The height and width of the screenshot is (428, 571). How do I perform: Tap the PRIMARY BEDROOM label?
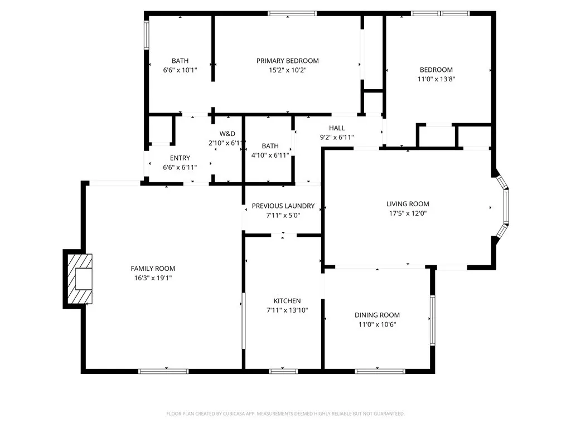(x=287, y=61)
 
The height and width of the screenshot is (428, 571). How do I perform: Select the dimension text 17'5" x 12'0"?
(x=408, y=213)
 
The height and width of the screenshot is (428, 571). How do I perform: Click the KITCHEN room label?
(x=287, y=301)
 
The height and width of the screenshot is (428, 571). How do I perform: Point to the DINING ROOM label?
(x=377, y=315)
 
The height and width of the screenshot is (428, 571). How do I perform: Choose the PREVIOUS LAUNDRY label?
(x=283, y=206)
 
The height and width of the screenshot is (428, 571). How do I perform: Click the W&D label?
(x=227, y=134)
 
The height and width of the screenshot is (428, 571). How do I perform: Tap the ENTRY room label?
(x=180, y=158)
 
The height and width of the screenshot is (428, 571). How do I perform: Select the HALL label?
(x=337, y=128)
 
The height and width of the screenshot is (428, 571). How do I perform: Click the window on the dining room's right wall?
(x=432, y=320)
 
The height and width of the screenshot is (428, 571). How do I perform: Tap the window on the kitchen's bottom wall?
(x=283, y=371)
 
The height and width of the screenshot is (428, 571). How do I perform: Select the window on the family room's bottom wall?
(x=163, y=371)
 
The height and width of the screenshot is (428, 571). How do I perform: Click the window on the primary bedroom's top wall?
(x=292, y=13)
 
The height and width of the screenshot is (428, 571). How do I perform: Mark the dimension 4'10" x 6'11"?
(x=270, y=155)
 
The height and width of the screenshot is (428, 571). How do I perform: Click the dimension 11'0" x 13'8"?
(x=436, y=79)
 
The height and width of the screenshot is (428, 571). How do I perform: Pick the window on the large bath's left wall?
(x=147, y=35)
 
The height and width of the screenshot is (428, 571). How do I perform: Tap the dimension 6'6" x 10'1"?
(x=180, y=70)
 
